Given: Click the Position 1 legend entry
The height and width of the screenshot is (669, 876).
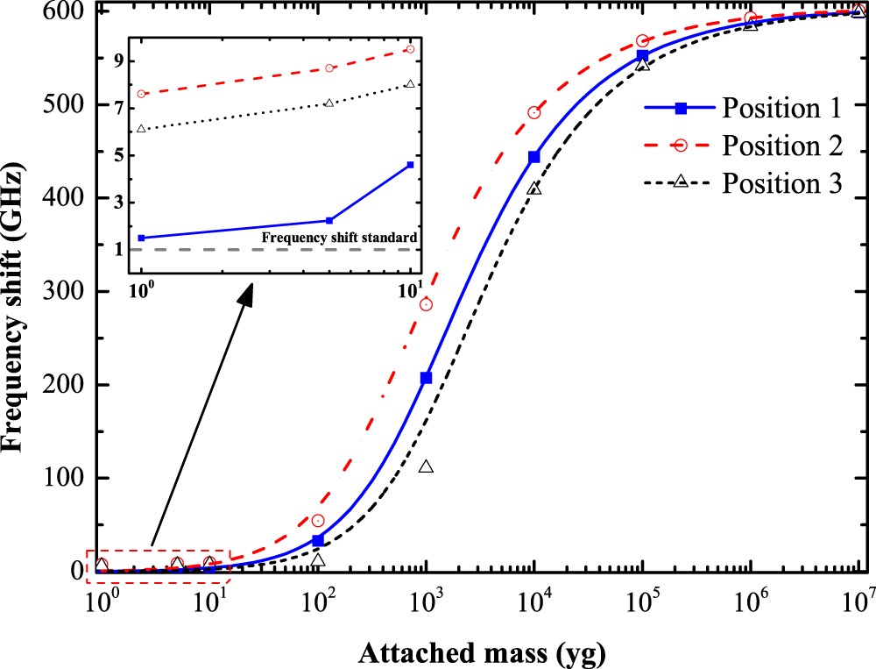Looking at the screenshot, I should [781, 109].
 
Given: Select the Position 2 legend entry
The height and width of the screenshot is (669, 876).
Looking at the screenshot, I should [781, 146].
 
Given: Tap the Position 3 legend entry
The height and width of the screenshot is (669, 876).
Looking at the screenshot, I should [781, 183].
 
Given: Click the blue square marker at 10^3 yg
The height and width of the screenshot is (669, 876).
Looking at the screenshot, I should [427, 378].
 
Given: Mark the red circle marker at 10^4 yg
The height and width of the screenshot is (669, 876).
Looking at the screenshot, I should [534, 112].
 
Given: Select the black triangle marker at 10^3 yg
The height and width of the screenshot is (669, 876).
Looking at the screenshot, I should [427, 466].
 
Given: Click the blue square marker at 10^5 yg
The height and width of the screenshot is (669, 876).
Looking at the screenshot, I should [643, 56].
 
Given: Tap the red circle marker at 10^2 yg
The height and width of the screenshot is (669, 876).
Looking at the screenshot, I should [318, 521].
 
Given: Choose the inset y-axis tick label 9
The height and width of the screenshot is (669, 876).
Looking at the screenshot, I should [117, 60].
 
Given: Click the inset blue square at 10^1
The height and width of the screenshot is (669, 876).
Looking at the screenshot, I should [410, 165].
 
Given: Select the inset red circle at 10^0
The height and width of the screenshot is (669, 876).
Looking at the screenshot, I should [141, 94].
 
